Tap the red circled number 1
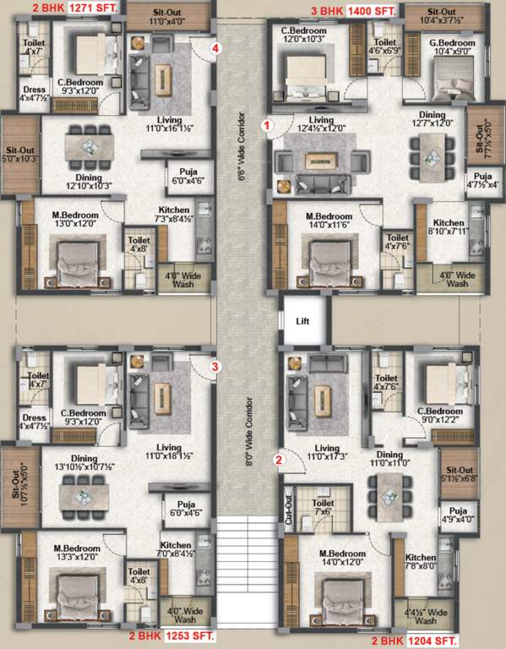pyautogui.click(x=268, y=126)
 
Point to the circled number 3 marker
pyautogui.click(x=215, y=367)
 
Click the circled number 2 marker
pyautogui.click(x=279, y=461)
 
